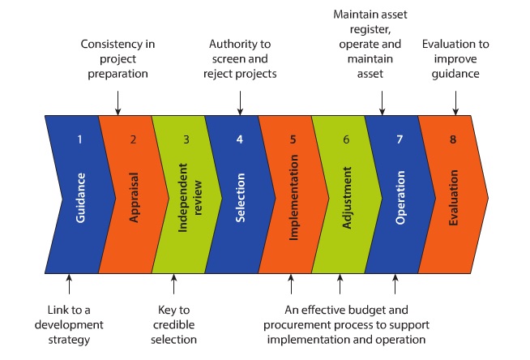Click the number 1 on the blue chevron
pyautogui.click(x=79, y=139)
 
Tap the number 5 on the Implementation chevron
pyautogui.click(x=293, y=139)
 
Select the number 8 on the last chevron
pyautogui.click(x=453, y=139)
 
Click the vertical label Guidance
pyautogui.click(x=80, y=198)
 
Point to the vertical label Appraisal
pyautogui.click(x=134, y=198)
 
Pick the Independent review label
pyautogui.click(x=190, y=198)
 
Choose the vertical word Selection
pyautogui.click(x=241, y=198)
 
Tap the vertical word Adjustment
pyautogui.click(x=347, y=198)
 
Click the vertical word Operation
pyautogui.click(x=400, y=198)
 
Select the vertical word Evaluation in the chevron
pyautogui.click(x=453, y=198)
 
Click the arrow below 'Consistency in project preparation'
pyautogui.click(x=118, y=103)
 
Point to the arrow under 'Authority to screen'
pyautogui.click(x=240, y=103)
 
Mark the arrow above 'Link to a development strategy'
pyautogui.click(x=69, y=284)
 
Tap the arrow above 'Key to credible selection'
pyautogui.click(x=173, y=284)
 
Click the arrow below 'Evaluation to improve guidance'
pyautogui.click(x=455, y=103)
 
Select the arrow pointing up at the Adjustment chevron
pyautogui.click(x=340, y=284)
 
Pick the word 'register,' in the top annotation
pyautogui.click(x=370, y=30)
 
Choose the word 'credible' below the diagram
pyautogui.click(x=173, y=325)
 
